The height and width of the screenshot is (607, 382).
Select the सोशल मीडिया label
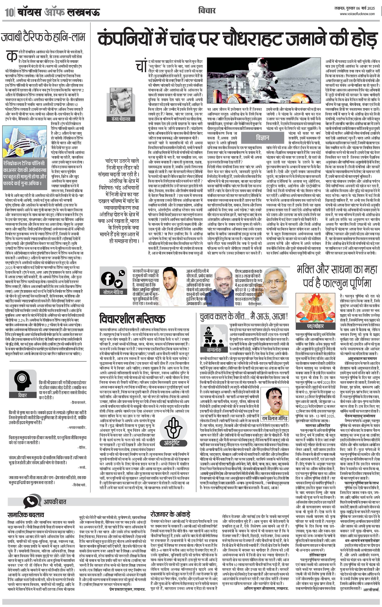tap(113, 292)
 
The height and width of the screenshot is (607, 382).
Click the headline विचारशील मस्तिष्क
tap(132, 319)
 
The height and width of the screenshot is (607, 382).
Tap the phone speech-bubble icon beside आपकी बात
tap(32, 501)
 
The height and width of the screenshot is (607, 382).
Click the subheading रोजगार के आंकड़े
tap(170, 514)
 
